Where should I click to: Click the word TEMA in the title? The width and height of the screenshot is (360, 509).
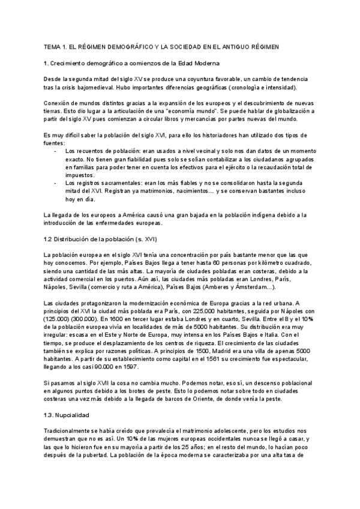(x=53, y=46)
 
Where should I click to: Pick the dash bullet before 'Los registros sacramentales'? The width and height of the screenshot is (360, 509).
(x=56, y=182)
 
